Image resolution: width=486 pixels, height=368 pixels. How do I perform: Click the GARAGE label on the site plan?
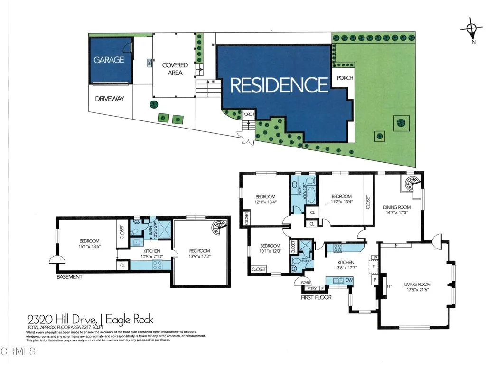click(x=109, y=60)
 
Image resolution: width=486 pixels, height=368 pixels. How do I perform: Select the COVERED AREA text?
click(x=175, y=68)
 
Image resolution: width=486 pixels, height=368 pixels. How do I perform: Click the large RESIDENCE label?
click(x=279, y=85)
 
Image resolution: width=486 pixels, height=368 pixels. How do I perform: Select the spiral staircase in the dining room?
click(x=411, y=184)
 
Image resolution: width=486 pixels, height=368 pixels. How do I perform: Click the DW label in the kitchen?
click(x=349, y=281)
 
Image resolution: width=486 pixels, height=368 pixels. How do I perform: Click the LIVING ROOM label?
click(x=416, y=285)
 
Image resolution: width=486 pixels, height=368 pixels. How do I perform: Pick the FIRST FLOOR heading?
click(x=316, y=297)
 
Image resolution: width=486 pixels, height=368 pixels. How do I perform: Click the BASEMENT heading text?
click(x=70, y=276)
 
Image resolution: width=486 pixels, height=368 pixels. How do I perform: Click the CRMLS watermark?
click(x=18, y=352)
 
